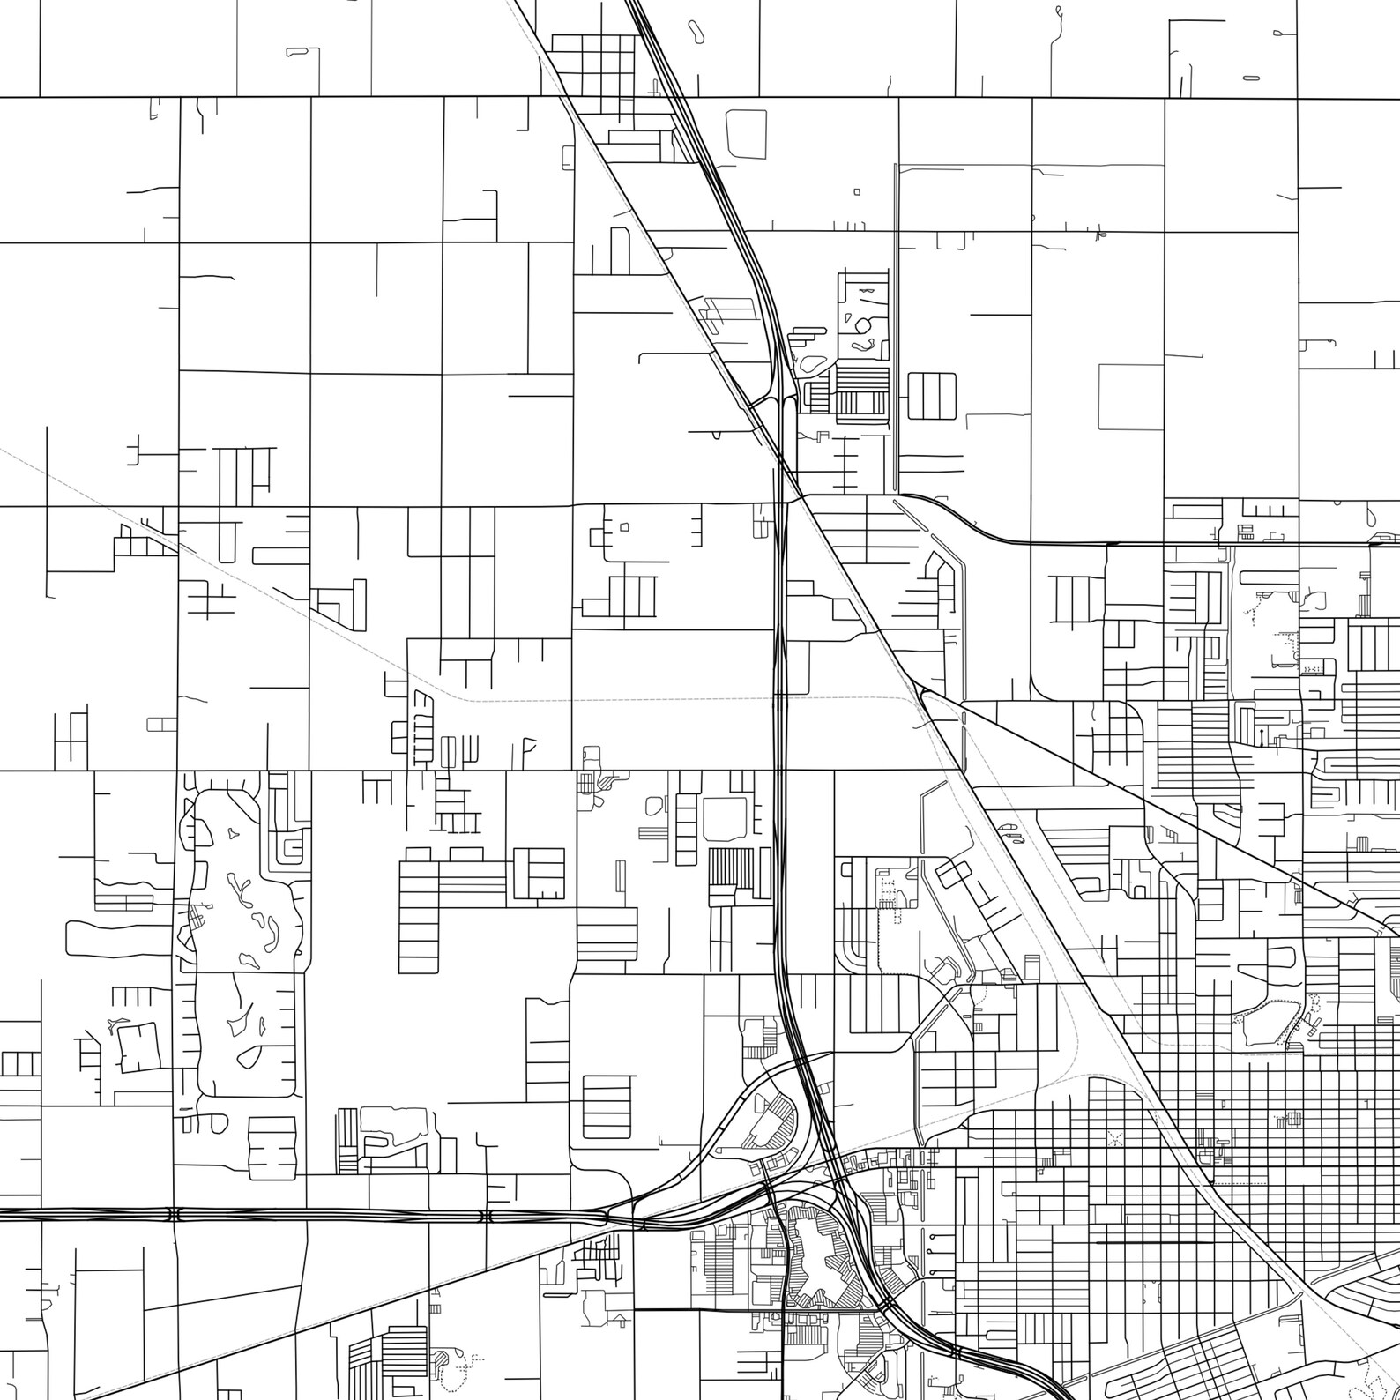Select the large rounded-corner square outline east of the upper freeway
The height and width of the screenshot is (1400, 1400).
(x=746, y=134)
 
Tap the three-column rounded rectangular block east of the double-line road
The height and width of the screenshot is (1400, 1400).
(x=932, y=396)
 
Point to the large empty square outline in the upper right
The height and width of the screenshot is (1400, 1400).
(x=1131, y=397)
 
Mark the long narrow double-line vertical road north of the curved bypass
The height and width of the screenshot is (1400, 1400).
(x=896, y=326)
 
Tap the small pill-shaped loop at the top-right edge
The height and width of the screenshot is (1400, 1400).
(x=1250, y=78)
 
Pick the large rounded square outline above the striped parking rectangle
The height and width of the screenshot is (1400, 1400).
(x=725, y=819)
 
